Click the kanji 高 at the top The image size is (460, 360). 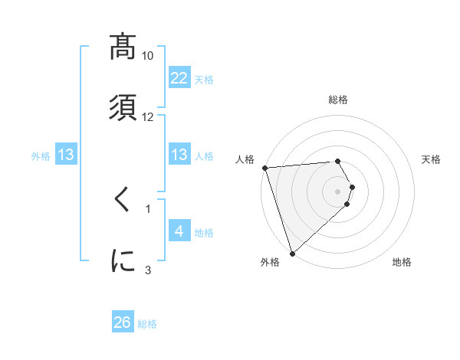click(123, 47)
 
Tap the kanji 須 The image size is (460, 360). click(123, 106)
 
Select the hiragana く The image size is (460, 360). click(123, 200)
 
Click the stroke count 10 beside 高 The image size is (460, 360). click(148, 56)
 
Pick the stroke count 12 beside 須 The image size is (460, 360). click(148, 116)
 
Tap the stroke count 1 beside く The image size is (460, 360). click(148, 208)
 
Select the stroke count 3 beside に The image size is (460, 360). click(148, 270)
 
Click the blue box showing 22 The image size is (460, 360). click(179, 77)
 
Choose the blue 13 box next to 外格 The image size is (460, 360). click(66, 155)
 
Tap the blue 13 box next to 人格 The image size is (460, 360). click(179, 155)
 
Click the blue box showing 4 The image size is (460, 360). click(179, 231)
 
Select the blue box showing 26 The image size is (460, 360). click(123, 322)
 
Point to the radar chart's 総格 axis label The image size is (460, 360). click(338, 100)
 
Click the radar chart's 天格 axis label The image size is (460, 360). click(432, 159)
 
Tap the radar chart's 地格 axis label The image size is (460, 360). click(402, 262)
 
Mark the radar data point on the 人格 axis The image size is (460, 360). click(264, 168)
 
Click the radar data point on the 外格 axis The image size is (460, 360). click(292, 252)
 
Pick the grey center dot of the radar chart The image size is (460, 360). click(338, 191)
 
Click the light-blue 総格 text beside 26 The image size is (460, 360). click(147, 324)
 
